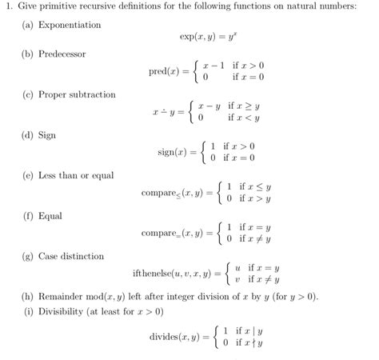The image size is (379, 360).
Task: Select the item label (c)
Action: click(29, 94)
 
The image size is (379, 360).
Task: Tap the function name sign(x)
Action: click(166, 152)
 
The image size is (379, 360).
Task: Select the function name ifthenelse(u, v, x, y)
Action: click(170, 274)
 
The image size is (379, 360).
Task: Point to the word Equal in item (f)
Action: click(50, 216)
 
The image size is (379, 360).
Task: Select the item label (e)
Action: click(29, 175)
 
